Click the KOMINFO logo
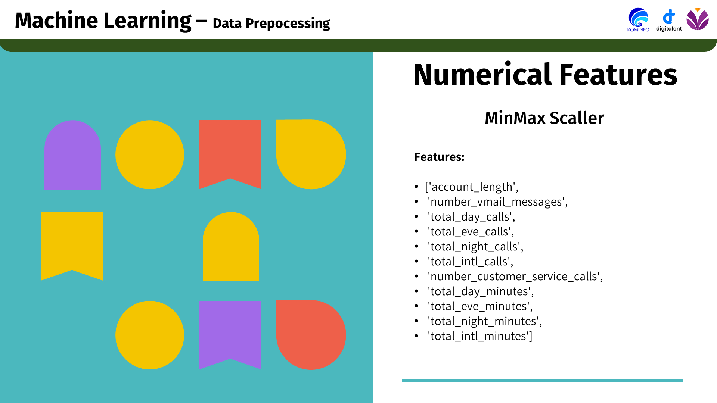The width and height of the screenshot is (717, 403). pyautogui.click(x=638, y=20)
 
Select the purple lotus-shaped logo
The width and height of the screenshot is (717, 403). pyautogui.click(x=698, y=19)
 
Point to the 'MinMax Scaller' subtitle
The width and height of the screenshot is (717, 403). pyautogui.click(x=544, y=118)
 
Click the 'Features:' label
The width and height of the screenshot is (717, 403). pyautogui.click(x=439, y=157)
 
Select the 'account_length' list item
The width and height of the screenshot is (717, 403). pyautogui.click(x=472, y=187)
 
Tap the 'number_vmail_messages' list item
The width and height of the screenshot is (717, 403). pyautogui.click(x=498, y=201)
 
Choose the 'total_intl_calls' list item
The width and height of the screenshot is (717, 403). pyautogui.click(x=471, y=261)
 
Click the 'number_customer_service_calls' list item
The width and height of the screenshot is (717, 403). pyautogui.click(x=515, y=276)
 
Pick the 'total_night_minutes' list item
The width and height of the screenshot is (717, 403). pyautogui.click(x=485, y=321)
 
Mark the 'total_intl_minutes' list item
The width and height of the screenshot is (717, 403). pyautogui.click(x=480, y=336)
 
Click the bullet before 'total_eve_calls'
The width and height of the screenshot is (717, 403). pyautogui.click(x=416, y=232)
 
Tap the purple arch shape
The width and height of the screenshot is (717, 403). pyautogui.click(x=72, y=155)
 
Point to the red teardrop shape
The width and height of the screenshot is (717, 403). pyautogui.click(x=311, y=335)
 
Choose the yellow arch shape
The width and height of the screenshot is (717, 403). pyautogui.click(x=231, y=247)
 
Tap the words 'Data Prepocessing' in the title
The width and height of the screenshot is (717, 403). pyautogui.click(x=271, y=23)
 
